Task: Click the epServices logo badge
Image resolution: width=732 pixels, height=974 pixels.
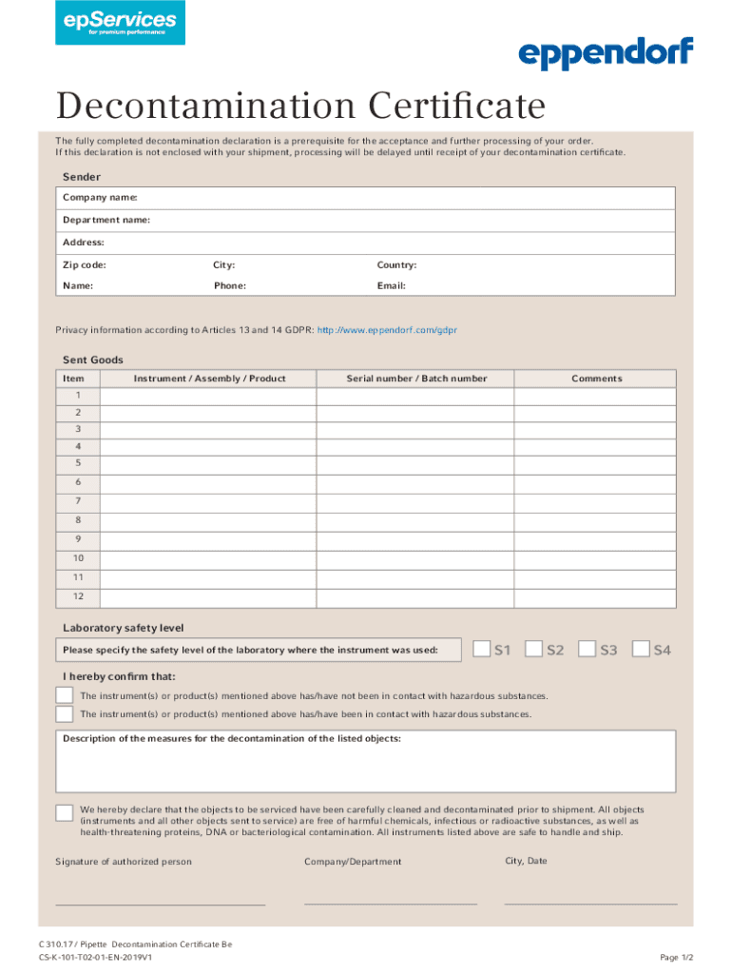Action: [120, 23]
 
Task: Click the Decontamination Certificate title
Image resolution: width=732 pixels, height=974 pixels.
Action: [300, 107]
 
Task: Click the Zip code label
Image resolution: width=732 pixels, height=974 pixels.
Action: [85, 265]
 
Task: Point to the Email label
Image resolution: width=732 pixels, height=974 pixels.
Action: [392, 285]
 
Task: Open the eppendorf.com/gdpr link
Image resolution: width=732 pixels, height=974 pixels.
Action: [387, 330]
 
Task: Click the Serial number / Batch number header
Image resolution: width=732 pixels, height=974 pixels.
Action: [416, 379]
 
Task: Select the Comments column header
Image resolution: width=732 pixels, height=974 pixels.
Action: [597, 379]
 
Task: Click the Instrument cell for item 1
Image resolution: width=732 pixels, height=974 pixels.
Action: [209, 396]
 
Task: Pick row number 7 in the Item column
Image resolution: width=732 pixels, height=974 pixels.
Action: [78, 500]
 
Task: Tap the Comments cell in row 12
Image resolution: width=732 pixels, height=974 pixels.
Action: [595, 597]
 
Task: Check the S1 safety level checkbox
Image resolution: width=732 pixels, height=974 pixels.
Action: [481, 649]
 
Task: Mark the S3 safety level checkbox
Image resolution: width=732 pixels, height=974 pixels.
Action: [588, 649]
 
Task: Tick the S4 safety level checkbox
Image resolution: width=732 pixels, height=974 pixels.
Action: [641, 649]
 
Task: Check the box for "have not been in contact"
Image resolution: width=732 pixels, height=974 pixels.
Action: [65, 696]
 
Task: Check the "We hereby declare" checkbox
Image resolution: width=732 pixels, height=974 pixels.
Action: [65, 812]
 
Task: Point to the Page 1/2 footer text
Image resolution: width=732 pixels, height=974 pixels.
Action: [676, 957]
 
